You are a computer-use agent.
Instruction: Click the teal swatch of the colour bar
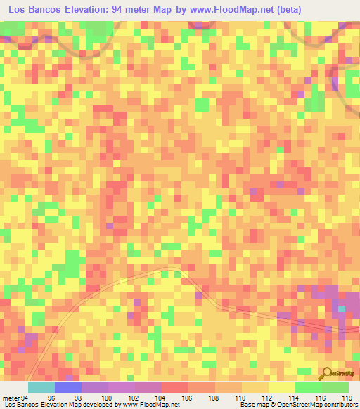(41, 388)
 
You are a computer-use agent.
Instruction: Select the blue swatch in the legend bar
(67, 388)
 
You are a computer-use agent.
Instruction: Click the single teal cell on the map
(342, 309)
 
